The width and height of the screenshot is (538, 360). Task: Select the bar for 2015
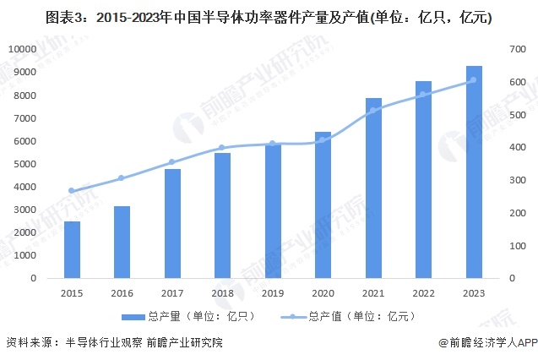tap(72, 249)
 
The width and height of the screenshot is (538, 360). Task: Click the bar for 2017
tap(172, 223)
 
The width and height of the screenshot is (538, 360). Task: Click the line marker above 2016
tap(122, 178)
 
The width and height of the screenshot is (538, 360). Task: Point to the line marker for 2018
tap(222, 147)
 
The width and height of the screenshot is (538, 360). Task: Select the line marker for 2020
tap(323, 139)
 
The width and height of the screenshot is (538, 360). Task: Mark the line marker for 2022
tap(423, 94)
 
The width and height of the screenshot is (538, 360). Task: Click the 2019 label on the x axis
tap(272, 292)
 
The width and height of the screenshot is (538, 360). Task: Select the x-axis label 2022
tap(423, 292)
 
